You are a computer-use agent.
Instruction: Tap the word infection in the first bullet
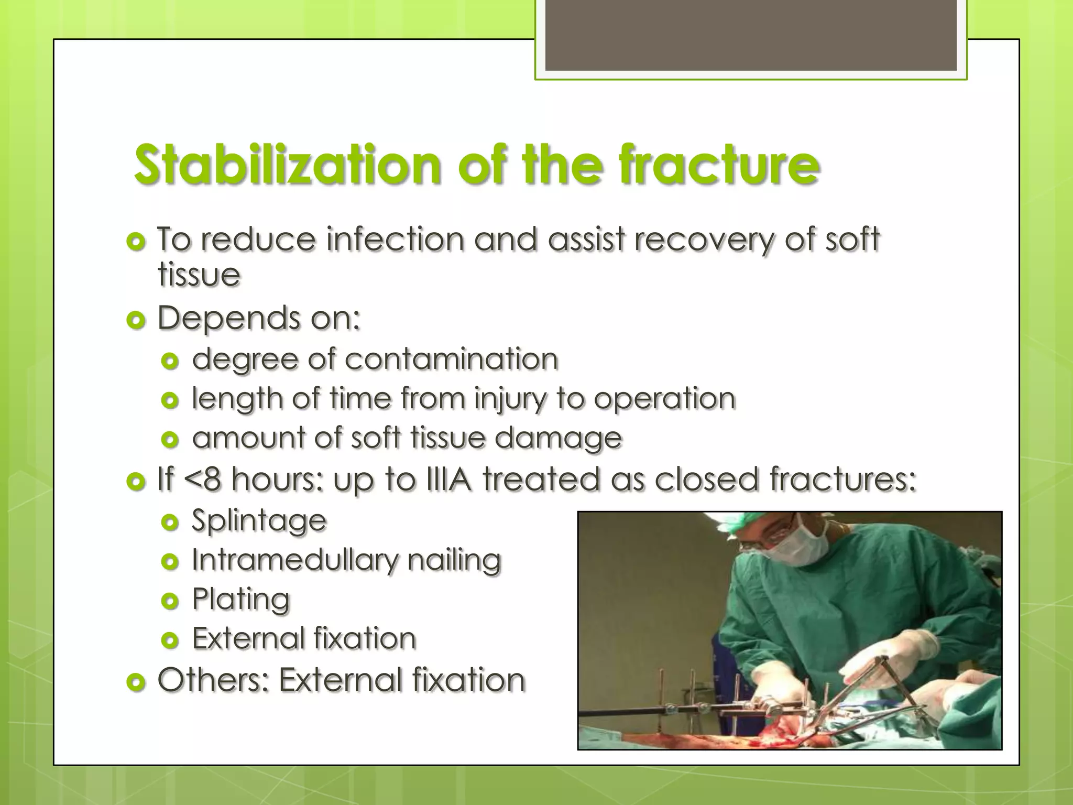395,240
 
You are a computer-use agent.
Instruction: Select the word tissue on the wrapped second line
199,275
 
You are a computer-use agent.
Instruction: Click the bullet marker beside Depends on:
136,320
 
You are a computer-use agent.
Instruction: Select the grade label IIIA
449,479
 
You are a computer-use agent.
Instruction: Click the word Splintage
259,521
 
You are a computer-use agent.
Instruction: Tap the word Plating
240,600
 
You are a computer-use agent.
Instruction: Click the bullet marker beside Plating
170,601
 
